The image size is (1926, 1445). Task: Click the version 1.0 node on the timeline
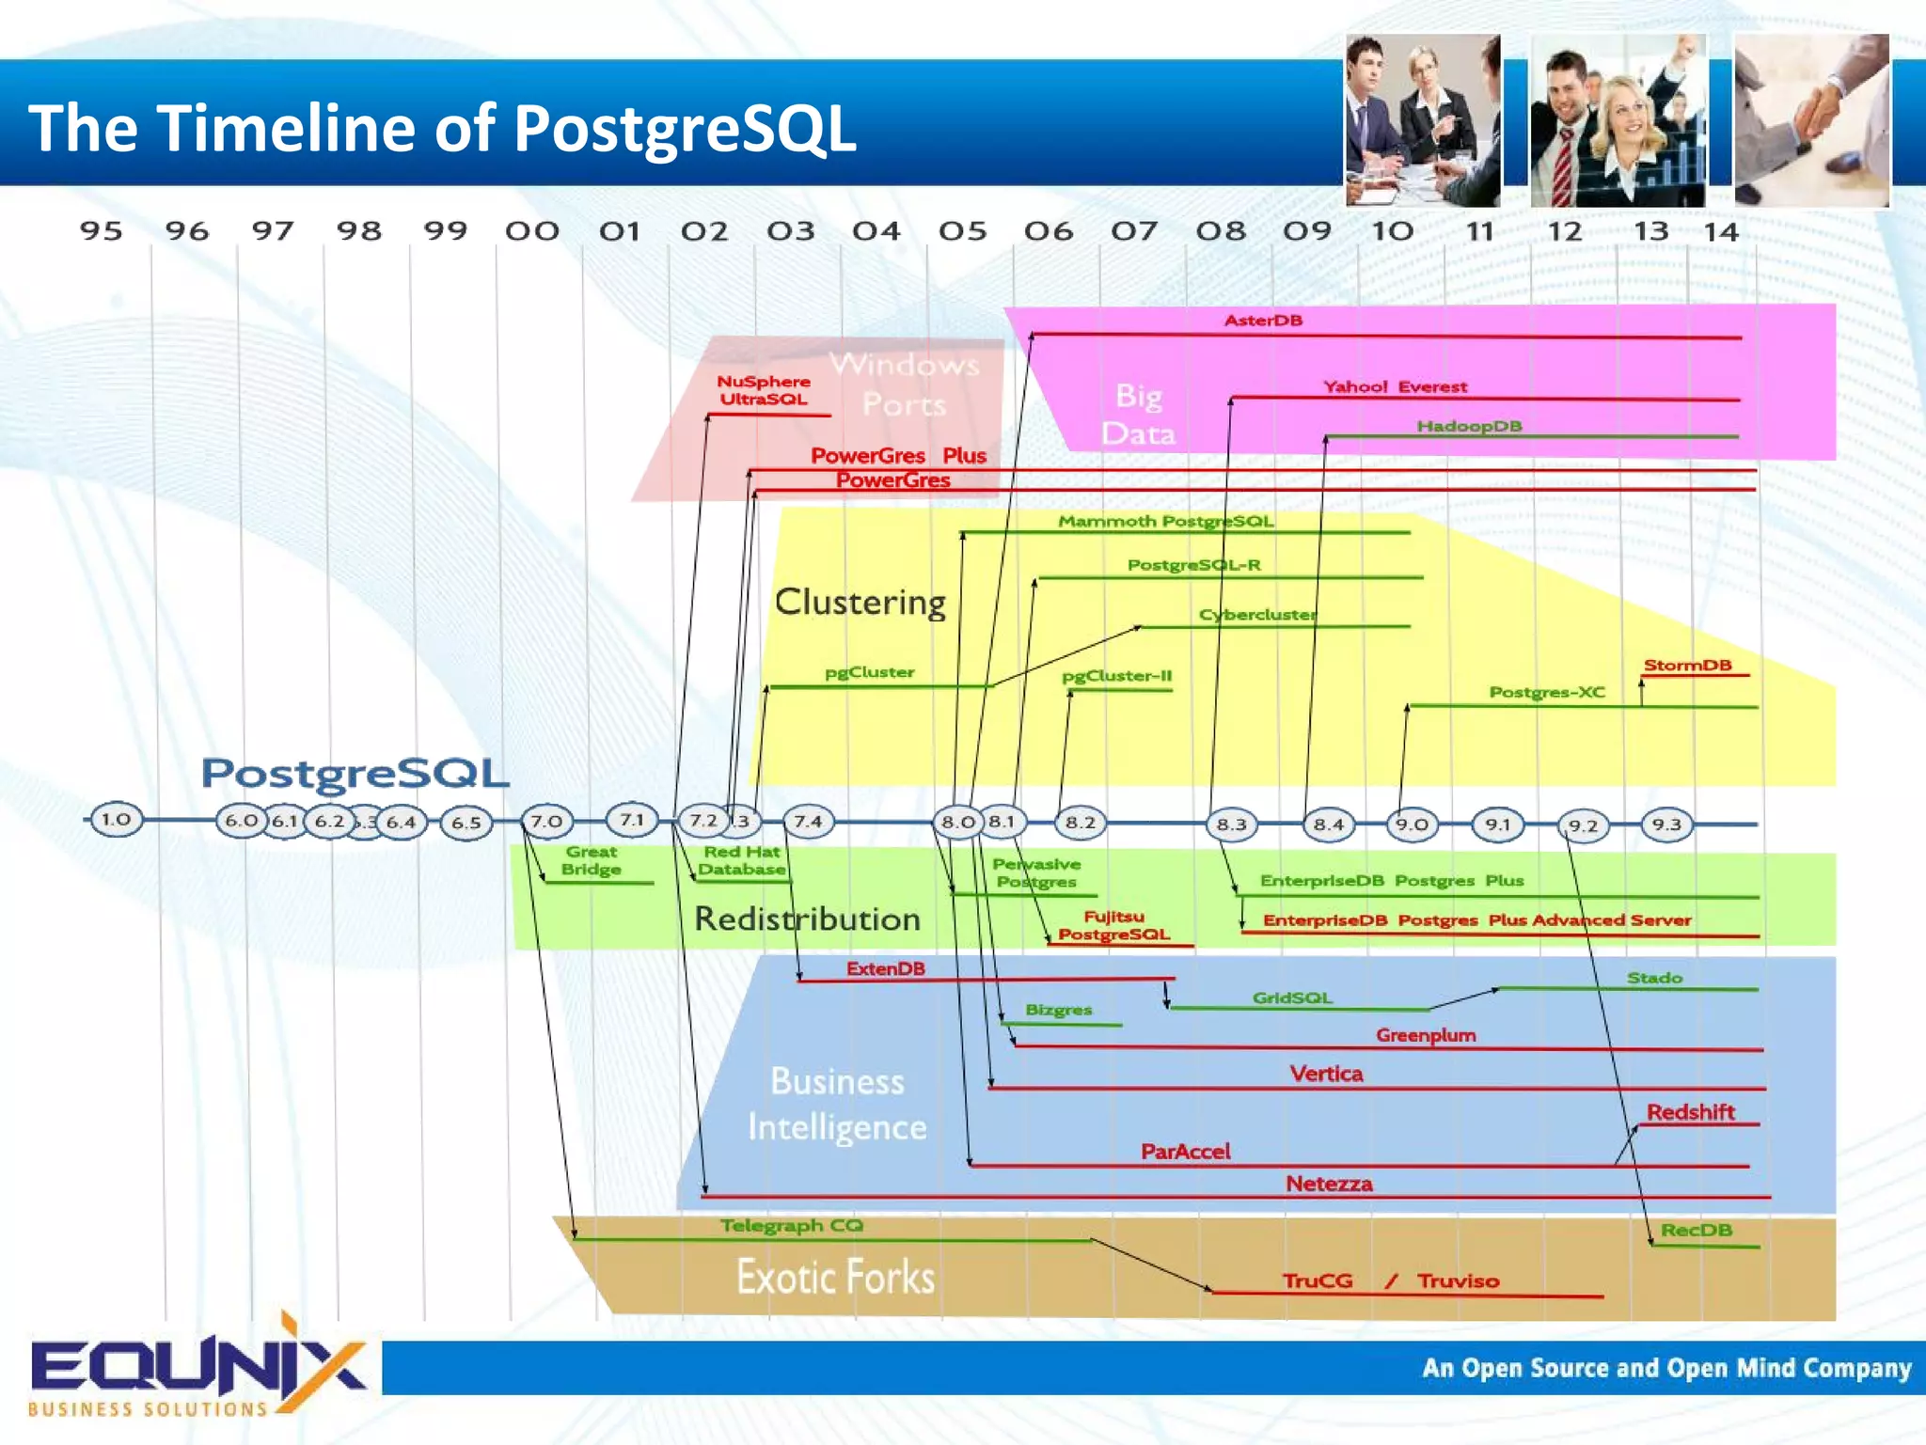116,819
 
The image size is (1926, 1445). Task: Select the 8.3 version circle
1231,825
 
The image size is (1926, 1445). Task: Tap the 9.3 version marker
1666,825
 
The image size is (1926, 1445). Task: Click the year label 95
101,230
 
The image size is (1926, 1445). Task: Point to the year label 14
1721,231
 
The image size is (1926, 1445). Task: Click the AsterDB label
1263,321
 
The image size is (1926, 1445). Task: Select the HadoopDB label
1469,426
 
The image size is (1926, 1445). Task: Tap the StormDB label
1687,665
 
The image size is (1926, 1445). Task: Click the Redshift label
1690,1112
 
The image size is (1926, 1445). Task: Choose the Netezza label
1329,1184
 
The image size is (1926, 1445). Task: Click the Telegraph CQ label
791,1226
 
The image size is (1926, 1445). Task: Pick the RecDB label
1696,1230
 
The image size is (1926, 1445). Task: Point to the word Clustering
860,602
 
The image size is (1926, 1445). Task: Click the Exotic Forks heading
835,1277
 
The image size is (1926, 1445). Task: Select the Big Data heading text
1138,415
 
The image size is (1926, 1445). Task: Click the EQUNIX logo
197,1368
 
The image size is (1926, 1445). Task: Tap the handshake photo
1811,120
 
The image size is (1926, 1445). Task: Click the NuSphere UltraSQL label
763,390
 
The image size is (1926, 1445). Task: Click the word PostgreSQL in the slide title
685,129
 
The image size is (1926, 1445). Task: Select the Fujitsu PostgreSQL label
1113,925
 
